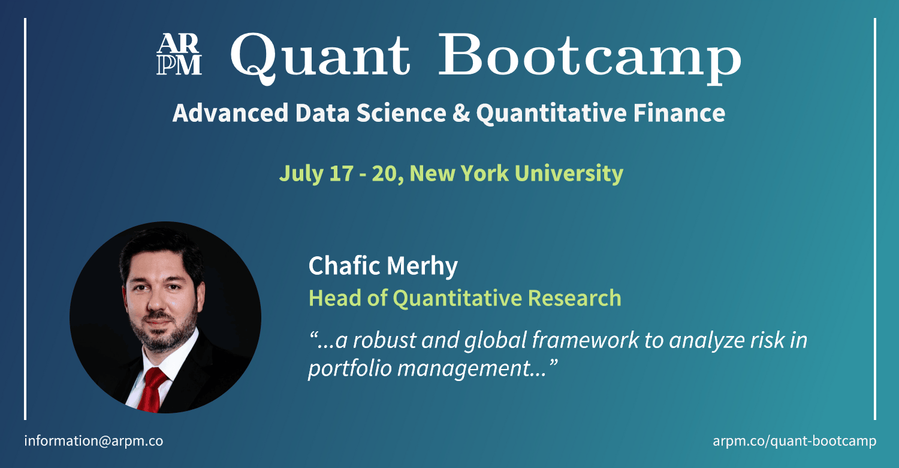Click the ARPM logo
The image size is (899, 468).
[x=179, y=54]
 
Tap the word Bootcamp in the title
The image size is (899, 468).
[x=590, y=59]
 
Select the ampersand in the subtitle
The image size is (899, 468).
[x=461, y=113]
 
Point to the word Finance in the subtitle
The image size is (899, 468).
[x=679, y=113]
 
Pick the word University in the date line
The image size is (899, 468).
[x=569, y=173]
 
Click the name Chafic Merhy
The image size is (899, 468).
[x=383, y=266]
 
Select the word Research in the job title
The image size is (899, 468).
[x=574, y=298]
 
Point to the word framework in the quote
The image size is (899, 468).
[x=586, y=340]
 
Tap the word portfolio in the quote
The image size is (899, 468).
[x=349, y=368]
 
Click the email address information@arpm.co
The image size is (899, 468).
[x=93, y=441]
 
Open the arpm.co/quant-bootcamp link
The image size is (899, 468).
[x=795, y=441]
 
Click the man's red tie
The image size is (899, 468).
[x=152, y=389]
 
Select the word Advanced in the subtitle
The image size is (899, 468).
[x=230, y=113]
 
